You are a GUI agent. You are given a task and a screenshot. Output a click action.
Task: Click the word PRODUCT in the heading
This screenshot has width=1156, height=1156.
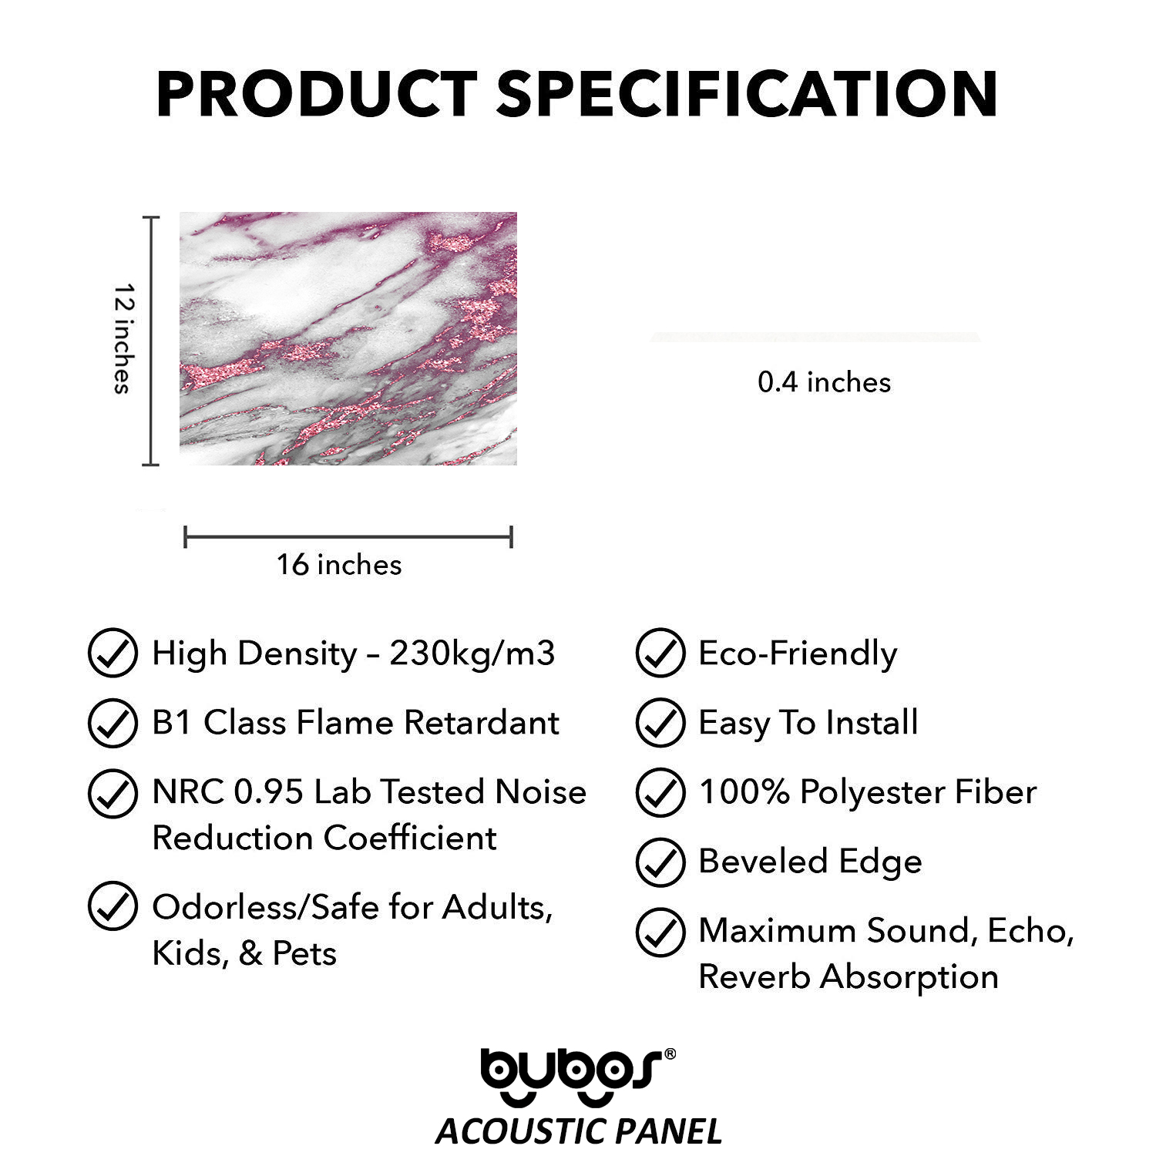pos(317,94)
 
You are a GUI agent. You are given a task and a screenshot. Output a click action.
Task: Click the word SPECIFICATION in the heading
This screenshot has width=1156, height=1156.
pos(748,94)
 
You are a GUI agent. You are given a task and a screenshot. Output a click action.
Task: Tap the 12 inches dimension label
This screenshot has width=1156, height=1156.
pos(123,339)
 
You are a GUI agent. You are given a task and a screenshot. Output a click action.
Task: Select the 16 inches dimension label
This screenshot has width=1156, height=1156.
pos(339,565)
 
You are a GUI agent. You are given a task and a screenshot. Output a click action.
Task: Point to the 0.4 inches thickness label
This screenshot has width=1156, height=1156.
pos(824,382)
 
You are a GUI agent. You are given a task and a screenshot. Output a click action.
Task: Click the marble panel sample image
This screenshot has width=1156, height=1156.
pos(348,338)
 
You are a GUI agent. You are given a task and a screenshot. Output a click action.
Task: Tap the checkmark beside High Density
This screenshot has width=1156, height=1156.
pos(113,653)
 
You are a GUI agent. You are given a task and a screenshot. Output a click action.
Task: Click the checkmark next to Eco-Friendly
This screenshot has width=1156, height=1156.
pos(660,653)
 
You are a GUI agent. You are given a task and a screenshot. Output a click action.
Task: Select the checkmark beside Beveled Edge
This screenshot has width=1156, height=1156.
pos(660,862)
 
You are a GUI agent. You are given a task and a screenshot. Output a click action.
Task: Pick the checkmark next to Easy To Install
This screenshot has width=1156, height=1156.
pos(660,722)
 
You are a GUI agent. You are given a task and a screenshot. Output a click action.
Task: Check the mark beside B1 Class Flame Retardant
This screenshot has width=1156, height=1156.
pos(113,722)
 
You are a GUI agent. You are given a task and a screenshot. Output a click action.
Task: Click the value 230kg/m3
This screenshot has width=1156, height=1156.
pos(472,654)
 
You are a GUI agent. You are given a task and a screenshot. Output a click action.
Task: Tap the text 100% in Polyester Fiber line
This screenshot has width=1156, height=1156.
pos(744,792)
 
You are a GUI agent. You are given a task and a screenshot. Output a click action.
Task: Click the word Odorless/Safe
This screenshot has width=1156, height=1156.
pos(266,908)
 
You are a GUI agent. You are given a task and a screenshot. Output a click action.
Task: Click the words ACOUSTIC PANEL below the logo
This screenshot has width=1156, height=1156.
pos(579,1131)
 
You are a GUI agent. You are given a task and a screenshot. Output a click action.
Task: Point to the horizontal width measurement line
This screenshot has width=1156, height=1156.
pos(348,537)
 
